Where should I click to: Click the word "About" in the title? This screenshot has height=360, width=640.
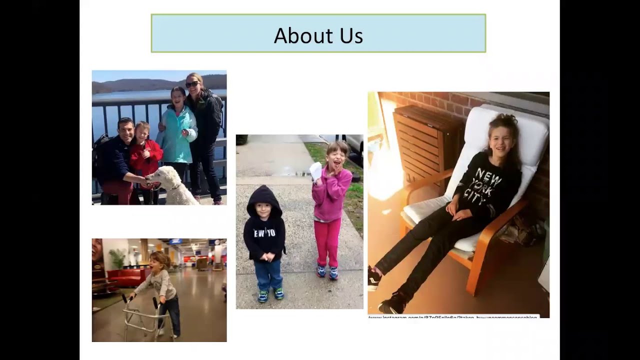click(x=299, y=35)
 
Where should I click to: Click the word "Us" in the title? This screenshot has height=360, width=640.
click(x=352, y=36)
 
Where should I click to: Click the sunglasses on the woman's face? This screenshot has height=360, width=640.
click(x=192, y=84)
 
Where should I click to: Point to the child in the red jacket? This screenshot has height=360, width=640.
click(x=145, y=157)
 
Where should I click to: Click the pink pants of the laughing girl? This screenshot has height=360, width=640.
click(x=328, y=242)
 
